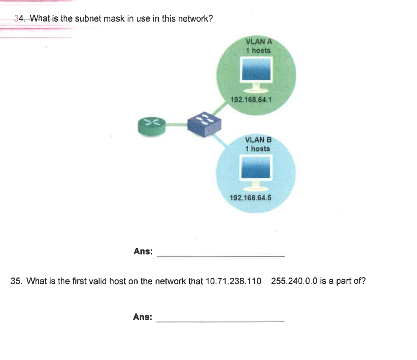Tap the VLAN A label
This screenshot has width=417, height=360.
(259, 41)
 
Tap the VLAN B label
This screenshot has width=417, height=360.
(258, 139)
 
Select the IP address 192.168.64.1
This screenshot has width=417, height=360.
(250, 100)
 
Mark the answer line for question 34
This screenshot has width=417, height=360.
(221, 256)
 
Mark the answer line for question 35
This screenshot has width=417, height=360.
(220, 322)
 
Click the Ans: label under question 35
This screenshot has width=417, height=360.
(143, 317)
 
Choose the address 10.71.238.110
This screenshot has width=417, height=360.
(233, 281)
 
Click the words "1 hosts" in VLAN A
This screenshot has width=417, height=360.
(258, 50)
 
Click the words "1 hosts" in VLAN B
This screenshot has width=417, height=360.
(257, 148)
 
